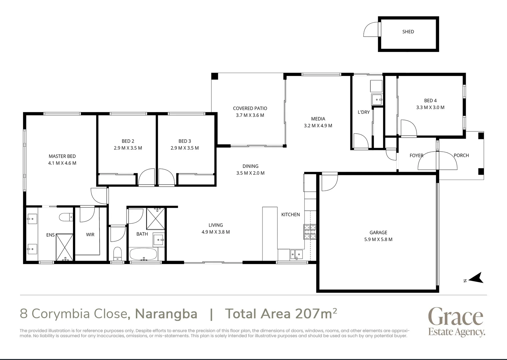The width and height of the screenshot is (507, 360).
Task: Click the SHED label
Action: (408, 32)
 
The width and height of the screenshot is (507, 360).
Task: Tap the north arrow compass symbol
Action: (475, 278)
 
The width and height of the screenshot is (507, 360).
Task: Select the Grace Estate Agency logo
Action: (456, 322)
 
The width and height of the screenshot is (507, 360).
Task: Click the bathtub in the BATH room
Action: (143, 254)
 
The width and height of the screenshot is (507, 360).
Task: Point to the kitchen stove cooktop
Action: (309, 232)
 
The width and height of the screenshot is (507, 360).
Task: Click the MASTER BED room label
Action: (62, 156)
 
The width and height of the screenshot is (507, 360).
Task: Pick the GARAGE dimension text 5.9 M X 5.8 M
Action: (378, 239)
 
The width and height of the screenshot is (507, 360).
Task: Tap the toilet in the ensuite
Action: (66, 217)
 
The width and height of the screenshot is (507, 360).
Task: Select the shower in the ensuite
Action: (64, 247)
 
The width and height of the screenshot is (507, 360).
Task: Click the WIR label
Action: (90, 235)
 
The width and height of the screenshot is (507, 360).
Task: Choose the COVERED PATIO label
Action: (250, 108)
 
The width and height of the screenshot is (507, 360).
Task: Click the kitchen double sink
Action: (296, 255)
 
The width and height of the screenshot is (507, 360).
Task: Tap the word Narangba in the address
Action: (166, 314)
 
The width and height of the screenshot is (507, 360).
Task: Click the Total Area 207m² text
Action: (281, 314)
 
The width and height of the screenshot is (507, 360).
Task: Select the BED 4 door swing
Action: (408, 128)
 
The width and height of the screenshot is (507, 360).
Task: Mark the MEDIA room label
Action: (318, 119)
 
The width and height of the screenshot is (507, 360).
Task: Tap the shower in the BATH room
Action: (156, 218)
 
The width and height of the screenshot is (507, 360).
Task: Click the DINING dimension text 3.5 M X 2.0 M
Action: (250, 173)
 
